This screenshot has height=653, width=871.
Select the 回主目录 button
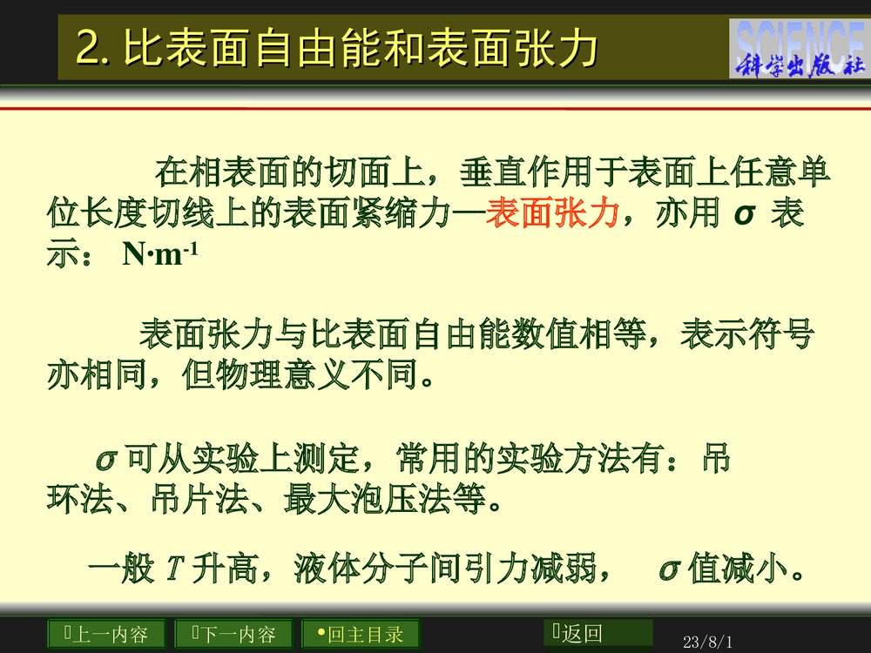pos(360,634)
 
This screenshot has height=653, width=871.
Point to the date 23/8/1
pos(708,643)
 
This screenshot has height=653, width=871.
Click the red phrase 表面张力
pos(552,213)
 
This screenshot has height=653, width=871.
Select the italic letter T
pos(172,570)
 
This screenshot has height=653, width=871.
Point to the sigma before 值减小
pos(669,570)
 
